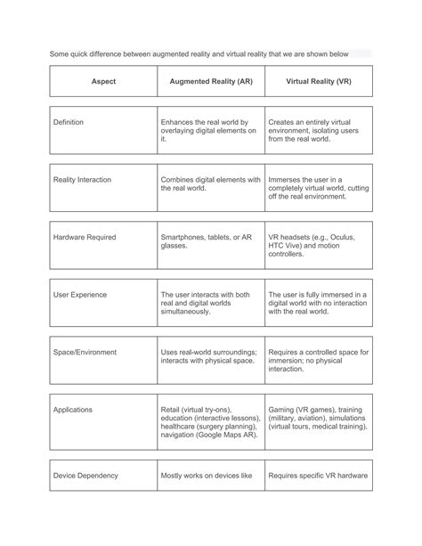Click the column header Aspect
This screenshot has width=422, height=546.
[103, 81]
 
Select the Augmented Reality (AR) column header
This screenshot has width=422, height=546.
[210, 81]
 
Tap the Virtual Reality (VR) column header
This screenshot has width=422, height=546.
[318, 81]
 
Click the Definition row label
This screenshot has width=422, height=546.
[70, 121]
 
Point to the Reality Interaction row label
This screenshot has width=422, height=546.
[83, 179]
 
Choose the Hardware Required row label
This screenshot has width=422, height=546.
[85, 237]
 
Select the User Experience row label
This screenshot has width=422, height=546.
[80, 294]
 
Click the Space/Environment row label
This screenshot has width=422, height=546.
[85, 352]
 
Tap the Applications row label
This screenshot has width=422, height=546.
[74, 410]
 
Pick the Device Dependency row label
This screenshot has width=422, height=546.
[86, 476]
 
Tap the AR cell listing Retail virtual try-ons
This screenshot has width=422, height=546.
[210, 423]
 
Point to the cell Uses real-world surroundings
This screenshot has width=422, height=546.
[208, 356]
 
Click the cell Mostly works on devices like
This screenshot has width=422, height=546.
[206, 476]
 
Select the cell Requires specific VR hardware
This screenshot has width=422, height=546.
[318, 476]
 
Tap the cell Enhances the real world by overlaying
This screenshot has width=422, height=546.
[207, 130]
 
